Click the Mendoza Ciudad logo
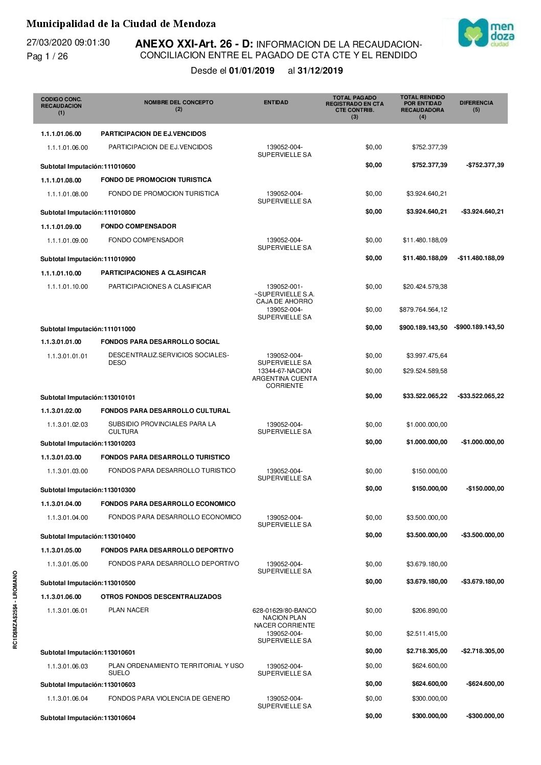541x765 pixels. pyautogui.click(x=486, y=33)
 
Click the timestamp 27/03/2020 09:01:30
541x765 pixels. pyautogui.click(x=68, y=42)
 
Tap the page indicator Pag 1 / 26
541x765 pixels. pyautogui.click(x=47, y=56)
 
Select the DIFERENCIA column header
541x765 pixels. pyautogui.click(x=476, y=106)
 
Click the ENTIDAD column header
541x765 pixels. pyautogui.click(x=276, y=103)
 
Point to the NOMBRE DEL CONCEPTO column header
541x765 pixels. pyautogui.click(x=178, y=105)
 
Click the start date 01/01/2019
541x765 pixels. pyautogui.click(x=252, y=71)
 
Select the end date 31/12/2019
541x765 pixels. pyautogui.click(x=320, y=71)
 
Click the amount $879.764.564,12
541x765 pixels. pyautogui.click(x=423, y=310)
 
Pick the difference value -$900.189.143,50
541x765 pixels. pyautogui.click(x=479, y=327)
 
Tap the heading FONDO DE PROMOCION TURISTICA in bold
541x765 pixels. pyautogui.click(x=156, y=180)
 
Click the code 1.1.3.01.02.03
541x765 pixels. pyautogui.click(x=67, y=425)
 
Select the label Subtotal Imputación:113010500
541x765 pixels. pyautogui.click(x=88, y=583)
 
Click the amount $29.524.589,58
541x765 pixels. pyautogui.click(x=424, y=371)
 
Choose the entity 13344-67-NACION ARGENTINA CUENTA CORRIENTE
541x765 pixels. pyautogui.click(x=284, y=378)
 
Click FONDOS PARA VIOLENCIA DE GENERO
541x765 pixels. pyautogui.click(x=169, y=699)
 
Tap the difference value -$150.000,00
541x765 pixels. pyautogui.click(x=485, y=489)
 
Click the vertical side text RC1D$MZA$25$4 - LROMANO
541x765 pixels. pyautogui.click(x=15, y=610)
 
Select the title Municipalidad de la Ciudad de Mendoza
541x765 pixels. pyautogui.click(x=121, y=24)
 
